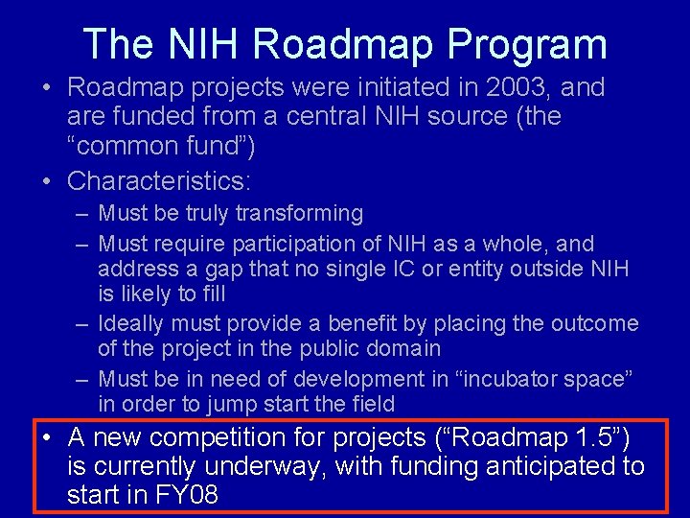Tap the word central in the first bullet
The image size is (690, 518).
pyautogui.click(x=291, y=117)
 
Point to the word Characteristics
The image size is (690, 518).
pyautogui.click(x=154, y=180)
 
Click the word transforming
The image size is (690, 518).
pyautogui.click(x=299, y=213)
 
